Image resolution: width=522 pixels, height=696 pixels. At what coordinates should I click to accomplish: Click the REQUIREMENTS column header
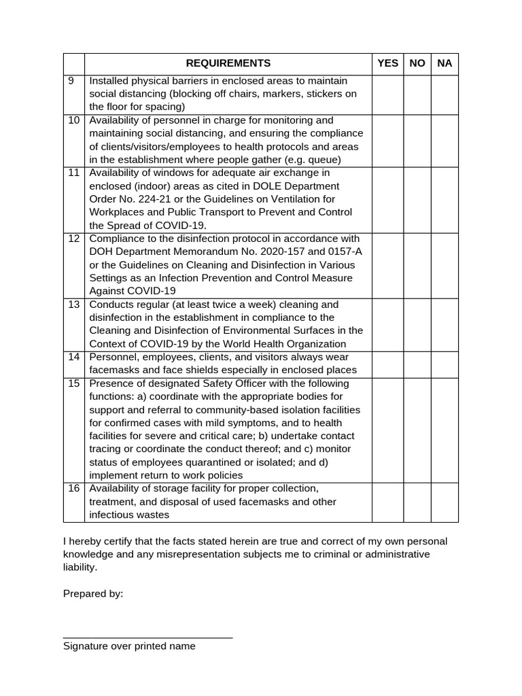pos(228,63)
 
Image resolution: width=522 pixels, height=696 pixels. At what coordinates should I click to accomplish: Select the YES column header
pos(387,63)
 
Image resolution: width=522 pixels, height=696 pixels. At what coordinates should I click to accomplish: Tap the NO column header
pos(417,63)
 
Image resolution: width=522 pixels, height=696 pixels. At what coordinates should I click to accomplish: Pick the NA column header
pos(445,63)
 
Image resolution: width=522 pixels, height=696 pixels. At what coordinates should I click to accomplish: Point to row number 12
pos(74,239)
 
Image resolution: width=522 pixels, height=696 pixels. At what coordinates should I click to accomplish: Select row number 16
pos(74,489)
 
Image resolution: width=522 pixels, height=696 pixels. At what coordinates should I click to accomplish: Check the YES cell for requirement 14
pos(387,364)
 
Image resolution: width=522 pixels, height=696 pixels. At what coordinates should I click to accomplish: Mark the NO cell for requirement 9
pos(417,94)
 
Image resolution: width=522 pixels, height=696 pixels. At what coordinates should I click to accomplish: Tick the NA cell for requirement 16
pos(445,502)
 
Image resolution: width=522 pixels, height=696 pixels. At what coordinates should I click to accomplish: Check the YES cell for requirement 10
pos(387,140)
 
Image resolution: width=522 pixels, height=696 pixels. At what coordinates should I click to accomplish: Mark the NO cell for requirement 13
pos(417,324)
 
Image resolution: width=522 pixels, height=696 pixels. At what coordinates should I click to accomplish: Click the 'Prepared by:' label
pos(93,593)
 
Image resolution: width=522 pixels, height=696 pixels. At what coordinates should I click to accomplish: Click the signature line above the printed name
pos(147,638)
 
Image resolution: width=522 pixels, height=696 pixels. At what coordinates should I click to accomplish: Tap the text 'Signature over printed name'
pos(129,646)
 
